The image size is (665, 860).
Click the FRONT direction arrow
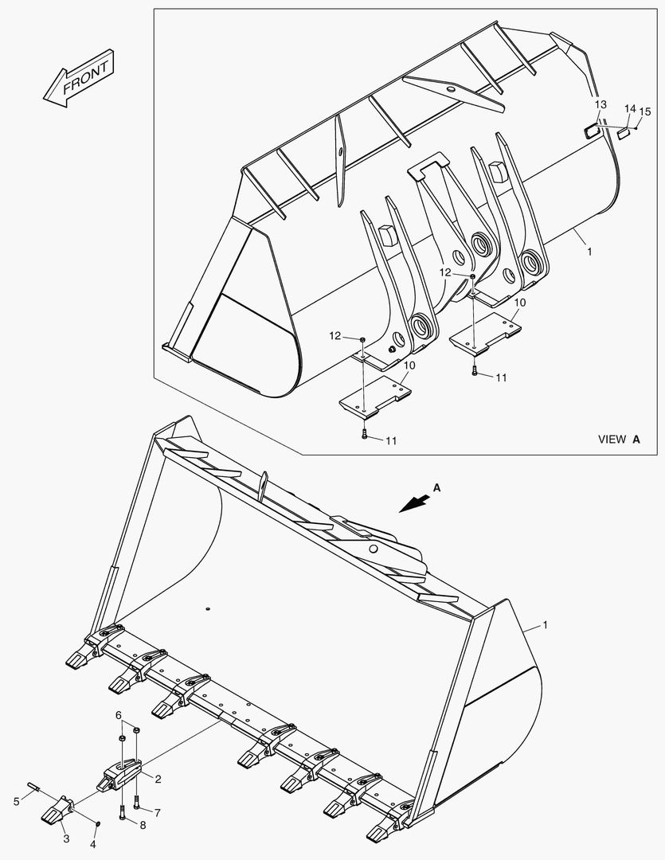click(x=79, y=79)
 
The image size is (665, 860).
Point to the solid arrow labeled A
click(x=417, y=502)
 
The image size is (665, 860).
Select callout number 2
click(x=158, y=778)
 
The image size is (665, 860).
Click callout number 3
click(x=66, y=838)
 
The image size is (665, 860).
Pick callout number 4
click(x=93, y=844)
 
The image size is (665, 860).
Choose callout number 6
click(x=119, y=716)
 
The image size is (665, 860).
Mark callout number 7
click(x=157, y=813)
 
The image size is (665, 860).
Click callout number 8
click(x=143, y=827)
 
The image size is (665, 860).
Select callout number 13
click(x=600, y=104)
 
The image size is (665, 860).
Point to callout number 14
click(x=629, y=108)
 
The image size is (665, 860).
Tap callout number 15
click(x=644, y=111)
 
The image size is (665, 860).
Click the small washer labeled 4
click(x=96, y=823)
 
